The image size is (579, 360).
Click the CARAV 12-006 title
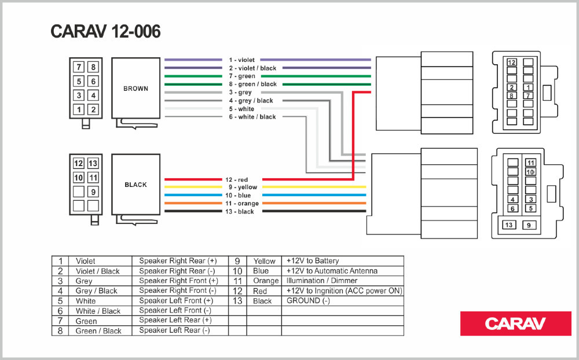(105, 32)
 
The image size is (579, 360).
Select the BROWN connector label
(135, 89)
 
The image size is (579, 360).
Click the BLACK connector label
(135, 185)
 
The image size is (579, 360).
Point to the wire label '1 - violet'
(241, 60)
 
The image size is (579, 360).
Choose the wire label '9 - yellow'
(243, 188)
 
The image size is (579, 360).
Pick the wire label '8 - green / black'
(252, 85)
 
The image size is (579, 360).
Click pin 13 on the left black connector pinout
(93, 163)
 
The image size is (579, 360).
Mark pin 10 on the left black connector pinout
(79, 178)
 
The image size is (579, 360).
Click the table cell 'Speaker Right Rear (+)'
(178, 261)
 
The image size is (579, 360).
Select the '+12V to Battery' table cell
(313, 261)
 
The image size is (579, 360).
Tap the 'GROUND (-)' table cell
(308, 301)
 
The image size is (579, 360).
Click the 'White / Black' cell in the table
(98, 311)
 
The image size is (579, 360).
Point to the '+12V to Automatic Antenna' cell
(332, 271)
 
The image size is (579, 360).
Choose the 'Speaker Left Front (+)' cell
(176, 301)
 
